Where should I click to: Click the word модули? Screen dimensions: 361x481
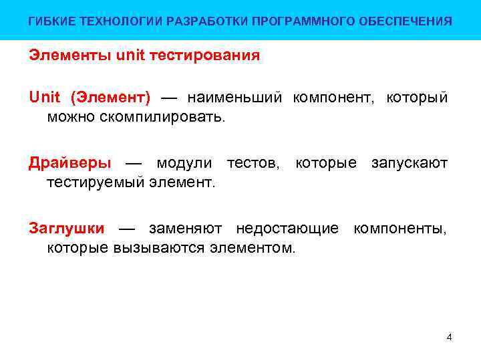click(184, 163)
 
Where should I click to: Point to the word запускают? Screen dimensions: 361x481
click(409, 163)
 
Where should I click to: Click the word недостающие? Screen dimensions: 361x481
click(287, 229)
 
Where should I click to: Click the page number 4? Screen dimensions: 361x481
click(449, 337)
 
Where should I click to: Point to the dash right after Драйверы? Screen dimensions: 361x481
click(134, 164)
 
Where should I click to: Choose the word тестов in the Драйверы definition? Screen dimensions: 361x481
click(253, 163)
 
